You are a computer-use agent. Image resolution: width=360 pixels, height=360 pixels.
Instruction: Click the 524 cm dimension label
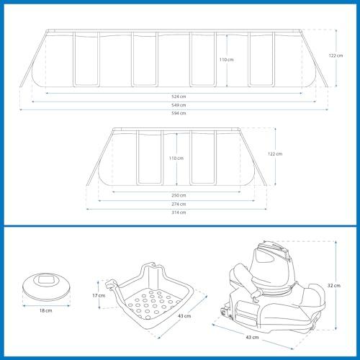[179, 96]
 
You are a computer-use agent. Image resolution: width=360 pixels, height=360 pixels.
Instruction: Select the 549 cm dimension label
[179, 105]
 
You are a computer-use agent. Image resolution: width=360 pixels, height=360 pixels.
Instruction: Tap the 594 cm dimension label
[179, 113]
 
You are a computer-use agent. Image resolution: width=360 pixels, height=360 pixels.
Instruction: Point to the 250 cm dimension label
[179, 195]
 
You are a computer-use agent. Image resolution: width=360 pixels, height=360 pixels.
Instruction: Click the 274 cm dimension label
[179, 204]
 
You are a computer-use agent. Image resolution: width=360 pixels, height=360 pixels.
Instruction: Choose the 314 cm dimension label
[179, 212]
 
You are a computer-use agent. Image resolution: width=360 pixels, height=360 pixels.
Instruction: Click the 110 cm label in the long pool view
[226, 60]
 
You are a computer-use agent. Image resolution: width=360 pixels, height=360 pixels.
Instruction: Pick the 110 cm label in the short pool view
[176, 158]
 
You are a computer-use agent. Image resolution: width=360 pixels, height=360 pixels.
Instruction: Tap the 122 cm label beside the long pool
[336, 55]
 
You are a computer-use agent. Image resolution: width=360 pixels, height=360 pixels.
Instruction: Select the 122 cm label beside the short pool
[275, 154]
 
